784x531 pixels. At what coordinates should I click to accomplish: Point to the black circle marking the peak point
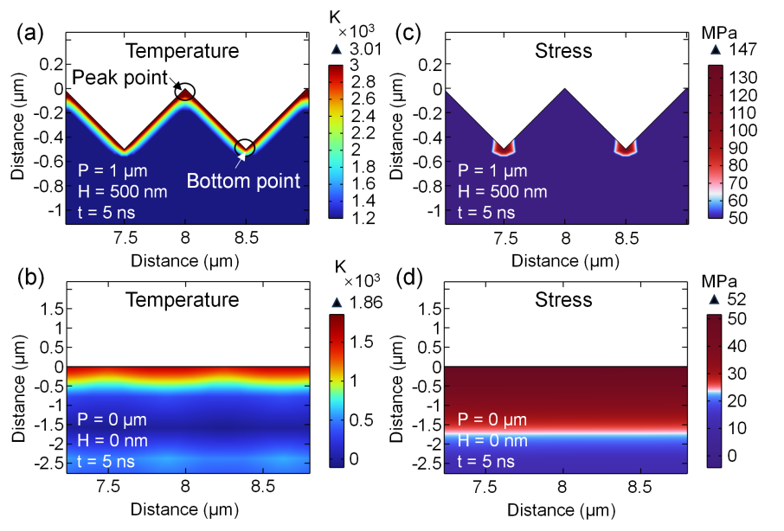click(x=185, y=91)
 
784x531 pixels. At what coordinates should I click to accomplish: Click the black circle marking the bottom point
click(x=246, y=148)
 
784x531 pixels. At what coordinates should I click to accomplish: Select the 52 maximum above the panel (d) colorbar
click(x=729, y=300)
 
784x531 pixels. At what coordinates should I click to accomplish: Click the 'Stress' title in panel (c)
click(x=563, y=51)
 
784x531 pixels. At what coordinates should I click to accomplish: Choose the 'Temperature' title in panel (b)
click(x=182, y=300)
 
